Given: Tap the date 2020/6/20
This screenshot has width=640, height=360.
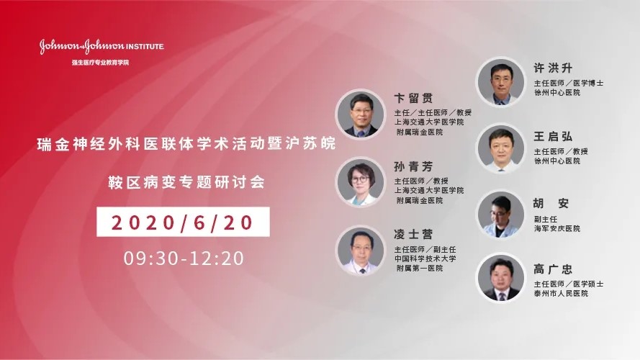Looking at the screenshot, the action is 183,222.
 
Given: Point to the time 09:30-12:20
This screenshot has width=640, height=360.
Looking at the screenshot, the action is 184,258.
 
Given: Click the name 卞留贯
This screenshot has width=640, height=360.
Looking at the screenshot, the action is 413,98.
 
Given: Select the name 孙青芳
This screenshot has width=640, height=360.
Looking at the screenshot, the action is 413,166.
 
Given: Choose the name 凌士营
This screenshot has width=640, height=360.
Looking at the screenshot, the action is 413,234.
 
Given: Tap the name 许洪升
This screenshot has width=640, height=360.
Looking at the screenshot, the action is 553,68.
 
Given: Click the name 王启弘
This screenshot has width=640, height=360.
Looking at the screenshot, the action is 553,136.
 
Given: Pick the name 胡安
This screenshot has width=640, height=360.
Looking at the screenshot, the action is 551,203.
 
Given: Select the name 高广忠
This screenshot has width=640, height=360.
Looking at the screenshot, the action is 553,269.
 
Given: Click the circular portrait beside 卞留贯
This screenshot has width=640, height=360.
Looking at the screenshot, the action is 361,114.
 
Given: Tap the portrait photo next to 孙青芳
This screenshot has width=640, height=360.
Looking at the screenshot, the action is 361,182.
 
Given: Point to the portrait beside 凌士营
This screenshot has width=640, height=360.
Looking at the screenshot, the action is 361,251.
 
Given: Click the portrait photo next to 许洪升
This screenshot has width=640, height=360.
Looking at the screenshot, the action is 501,82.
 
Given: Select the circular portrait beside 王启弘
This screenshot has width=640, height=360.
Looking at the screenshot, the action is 501,148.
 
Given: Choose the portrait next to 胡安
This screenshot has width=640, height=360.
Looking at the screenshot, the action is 501,215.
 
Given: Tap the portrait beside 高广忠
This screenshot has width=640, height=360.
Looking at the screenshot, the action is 501,278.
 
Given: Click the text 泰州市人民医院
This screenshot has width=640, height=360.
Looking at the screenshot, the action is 562,294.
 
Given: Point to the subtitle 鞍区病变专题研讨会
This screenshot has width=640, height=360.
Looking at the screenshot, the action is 186,182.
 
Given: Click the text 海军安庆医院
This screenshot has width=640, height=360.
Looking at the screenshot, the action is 557,228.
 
